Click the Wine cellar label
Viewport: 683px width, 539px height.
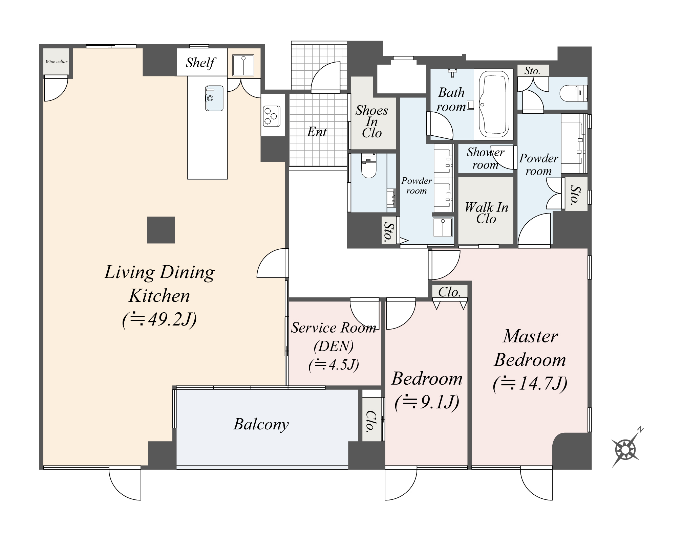[x=56, y=62]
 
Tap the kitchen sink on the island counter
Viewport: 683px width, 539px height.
[x=214, y=98]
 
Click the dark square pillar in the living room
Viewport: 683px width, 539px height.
[x=161, y=230]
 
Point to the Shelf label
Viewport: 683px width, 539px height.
[x=200, y=63]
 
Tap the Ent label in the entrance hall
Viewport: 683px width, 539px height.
[x=317, y=132]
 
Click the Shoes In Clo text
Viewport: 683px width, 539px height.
[x=372, y=121]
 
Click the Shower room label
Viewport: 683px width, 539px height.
[x=485, y=158]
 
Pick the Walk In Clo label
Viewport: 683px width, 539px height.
[x=486, y=213]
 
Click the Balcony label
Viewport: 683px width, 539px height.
[x=261, y=424]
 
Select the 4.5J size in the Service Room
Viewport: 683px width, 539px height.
[x=334, y=364]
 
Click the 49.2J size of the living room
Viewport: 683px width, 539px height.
[x=159, y=319]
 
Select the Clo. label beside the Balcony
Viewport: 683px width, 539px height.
[x=371, y=421]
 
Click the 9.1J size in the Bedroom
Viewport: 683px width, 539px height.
[x=427, y=402]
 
